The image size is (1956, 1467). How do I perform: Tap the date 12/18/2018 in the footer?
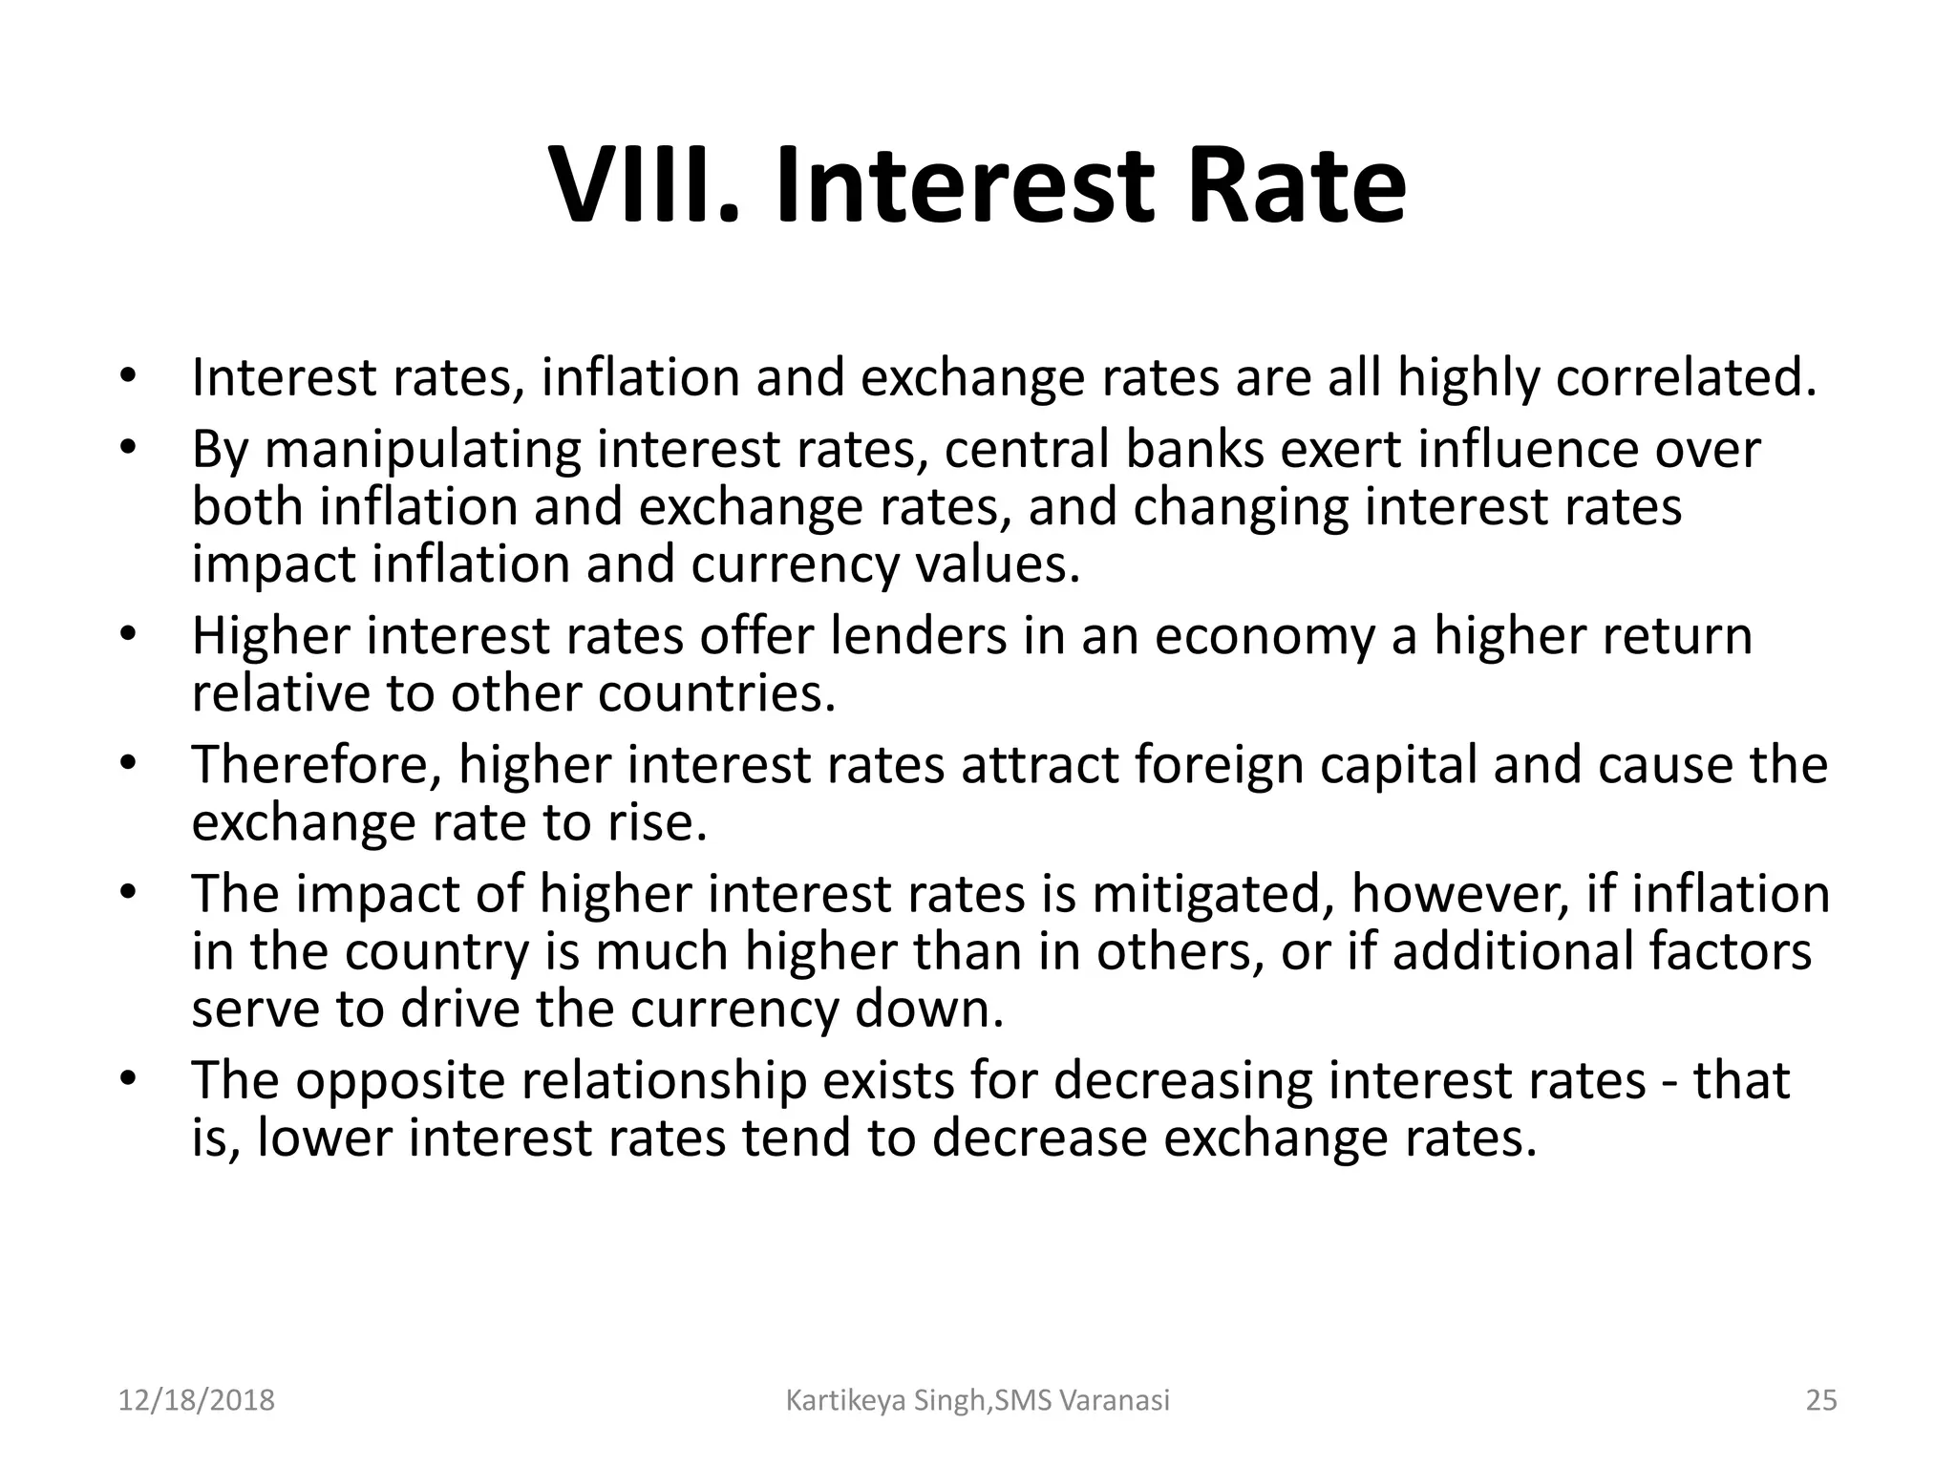(x=196, y=1401)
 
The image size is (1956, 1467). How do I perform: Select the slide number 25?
(x=1821, y=1401)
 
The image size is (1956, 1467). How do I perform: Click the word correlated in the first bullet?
(x=1685, y=377)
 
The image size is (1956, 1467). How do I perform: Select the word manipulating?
(x=422, y=449)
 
